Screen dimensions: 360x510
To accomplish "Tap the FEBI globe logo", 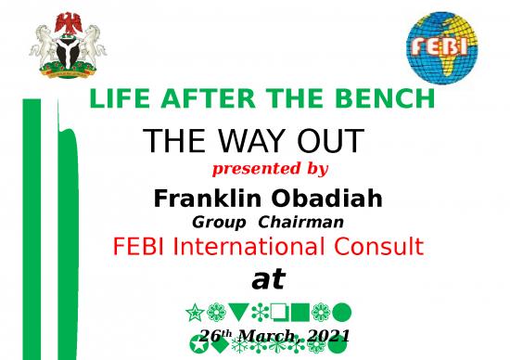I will click(441, 44).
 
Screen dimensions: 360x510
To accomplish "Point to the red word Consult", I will click(385, 247).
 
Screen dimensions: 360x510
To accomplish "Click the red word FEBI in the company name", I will click(137, 247).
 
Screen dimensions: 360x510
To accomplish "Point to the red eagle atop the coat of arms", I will click(67, 19).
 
